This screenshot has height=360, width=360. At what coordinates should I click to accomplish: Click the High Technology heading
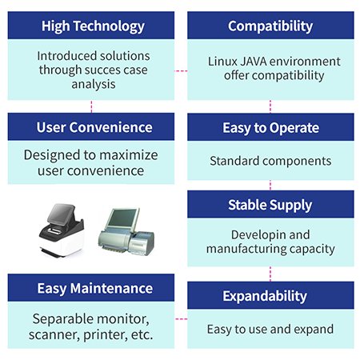pos(93,26)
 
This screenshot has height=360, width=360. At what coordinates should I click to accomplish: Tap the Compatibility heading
pos(270,26)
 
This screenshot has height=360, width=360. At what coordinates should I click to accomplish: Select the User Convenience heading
pos(94,127)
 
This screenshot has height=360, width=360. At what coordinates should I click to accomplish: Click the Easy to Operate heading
pos(270,128)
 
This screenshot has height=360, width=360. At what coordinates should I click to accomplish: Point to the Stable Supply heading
pos(270,206)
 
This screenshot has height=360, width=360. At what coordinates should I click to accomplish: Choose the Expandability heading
pos(265,296)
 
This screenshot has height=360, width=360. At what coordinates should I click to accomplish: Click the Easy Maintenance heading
pos(95,289)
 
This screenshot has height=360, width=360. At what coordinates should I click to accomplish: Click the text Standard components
pos(270,161)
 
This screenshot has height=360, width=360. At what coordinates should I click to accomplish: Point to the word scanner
pos(54,335)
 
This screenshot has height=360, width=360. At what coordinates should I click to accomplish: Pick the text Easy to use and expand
pos(270,330)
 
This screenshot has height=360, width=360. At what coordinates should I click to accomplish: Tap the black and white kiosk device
pos(62,230)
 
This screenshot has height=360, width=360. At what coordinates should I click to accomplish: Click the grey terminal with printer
pos(126,231)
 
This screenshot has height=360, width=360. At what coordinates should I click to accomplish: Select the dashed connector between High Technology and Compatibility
pos(181,71)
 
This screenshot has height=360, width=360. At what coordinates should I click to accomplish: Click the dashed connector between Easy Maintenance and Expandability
pos(181,319)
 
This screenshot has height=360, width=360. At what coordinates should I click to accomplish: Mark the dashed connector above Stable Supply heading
pos(270,185)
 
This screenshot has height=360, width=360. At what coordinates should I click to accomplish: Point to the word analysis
pos(94,85)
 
